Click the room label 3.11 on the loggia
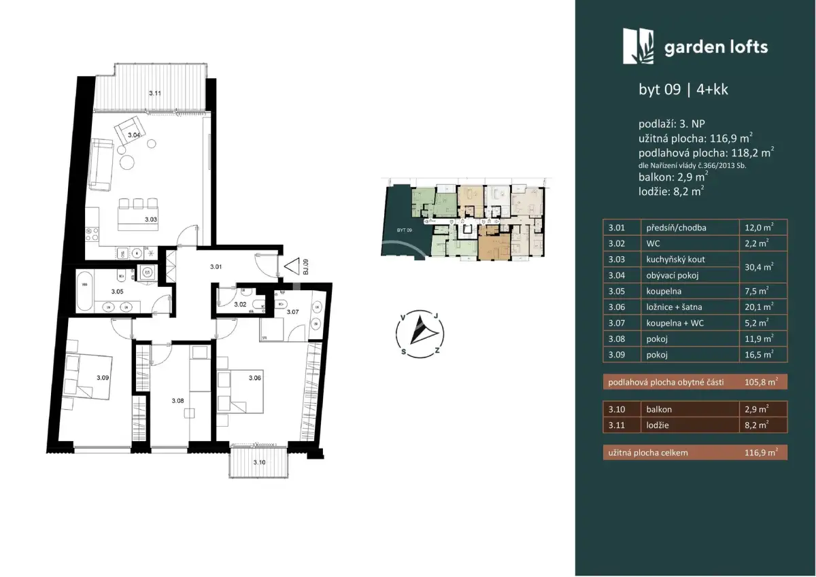coord(155,93)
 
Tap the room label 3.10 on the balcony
coord(259,462)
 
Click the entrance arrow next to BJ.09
coord(292,266)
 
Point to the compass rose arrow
coord(422,330)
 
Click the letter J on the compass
coord(436,316)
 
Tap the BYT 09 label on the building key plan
coord(405,230)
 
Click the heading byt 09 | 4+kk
coord(683,90)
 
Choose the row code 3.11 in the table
coord(616,425)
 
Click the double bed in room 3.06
coord(240,391)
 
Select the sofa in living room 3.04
coord(100,164)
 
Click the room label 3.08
coord(177,401)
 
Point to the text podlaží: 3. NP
coord(672,124)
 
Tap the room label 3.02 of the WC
coord(240,304)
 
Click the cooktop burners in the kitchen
coord(92,234)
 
